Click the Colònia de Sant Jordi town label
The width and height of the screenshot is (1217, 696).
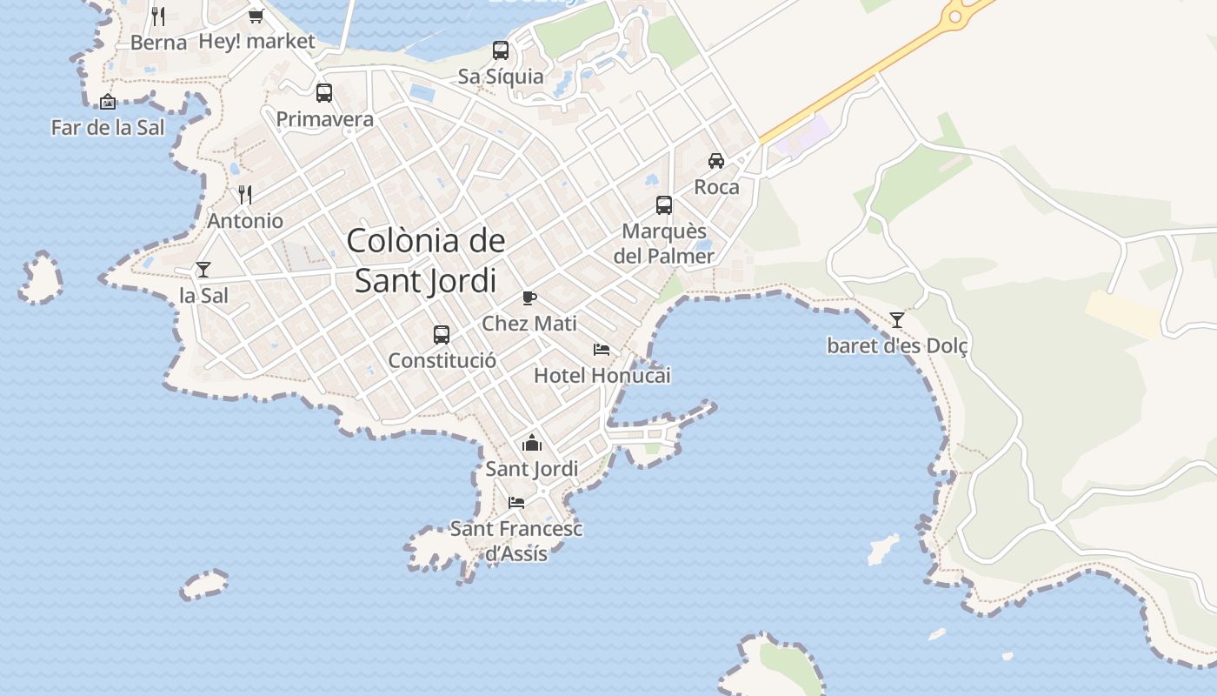click(426, 260)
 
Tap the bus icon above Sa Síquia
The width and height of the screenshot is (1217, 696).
click(501, 50)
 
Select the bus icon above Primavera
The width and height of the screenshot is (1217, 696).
click(324, 92)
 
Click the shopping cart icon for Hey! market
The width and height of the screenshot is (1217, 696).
click(256, 16)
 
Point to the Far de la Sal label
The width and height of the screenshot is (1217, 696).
click(108, 128)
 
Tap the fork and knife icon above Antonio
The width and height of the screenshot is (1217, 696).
click(245, 194)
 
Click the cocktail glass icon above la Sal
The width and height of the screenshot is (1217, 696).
click(203, 270)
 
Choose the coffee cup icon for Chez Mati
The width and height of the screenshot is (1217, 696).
click(529, 298)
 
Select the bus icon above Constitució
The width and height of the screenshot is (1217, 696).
click(442, 334)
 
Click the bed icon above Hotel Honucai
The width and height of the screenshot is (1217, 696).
click(602, 350)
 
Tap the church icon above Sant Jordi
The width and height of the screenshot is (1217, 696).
click(532, 443)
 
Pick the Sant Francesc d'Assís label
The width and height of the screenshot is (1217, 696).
click(516, 540)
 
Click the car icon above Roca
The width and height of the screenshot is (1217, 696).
click(716, 161)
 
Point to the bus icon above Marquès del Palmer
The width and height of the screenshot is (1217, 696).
click(664, 205)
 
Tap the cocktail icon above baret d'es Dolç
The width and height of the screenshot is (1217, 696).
click(897, 320)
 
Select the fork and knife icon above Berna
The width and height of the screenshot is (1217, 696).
click(158, 16)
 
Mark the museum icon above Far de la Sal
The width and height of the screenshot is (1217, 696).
click(108, 102)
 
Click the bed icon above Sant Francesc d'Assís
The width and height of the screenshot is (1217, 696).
click(516, 502)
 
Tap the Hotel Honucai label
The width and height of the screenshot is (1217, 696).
click(602, 376)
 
